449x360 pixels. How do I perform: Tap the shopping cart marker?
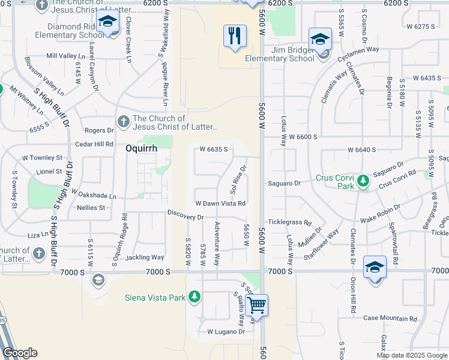tap(256, 304)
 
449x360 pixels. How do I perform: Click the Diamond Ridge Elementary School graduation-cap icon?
tap(107, 22)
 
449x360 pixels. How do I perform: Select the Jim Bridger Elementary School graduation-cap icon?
tap(320, 40)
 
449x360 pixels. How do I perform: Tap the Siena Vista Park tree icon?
tap(194, 296)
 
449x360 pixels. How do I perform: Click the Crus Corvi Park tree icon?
tap(362, 181)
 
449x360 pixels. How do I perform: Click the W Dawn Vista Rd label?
tap(220, 203)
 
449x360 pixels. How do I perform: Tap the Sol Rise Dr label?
tap(238, 179)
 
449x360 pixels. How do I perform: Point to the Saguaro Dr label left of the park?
tap(284, 184)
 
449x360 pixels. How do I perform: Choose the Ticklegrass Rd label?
tap(289, 222)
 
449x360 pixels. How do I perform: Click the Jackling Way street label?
tap(145, 257)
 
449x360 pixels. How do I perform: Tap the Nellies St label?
tap(91, 208)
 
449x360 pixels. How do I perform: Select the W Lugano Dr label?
tap(226, 331)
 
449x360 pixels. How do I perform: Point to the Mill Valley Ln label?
tap(66, 56)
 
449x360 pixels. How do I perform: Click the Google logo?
tap(20, 353)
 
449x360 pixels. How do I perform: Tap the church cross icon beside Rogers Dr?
tap(124, 122)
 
